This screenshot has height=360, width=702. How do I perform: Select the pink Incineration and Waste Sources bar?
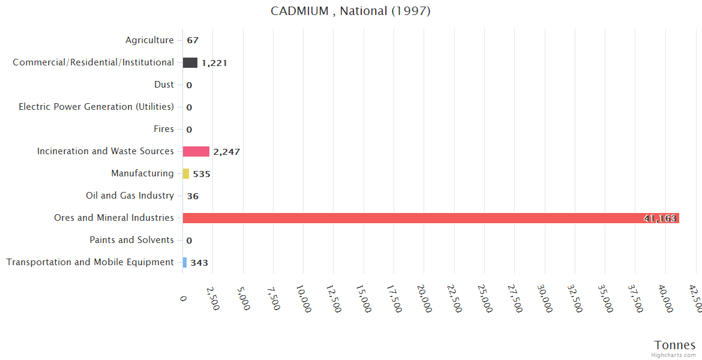[x=196, y=151]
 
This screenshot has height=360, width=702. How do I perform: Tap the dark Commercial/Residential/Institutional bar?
[x=190, y=62]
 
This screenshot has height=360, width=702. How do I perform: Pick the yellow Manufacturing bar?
[x=186, y=173]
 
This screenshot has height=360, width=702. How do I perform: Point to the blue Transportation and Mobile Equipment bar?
[x=185, y=262]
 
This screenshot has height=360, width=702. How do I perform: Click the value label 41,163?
[x=660, y=218]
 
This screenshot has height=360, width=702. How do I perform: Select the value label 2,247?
[x=226, y=152]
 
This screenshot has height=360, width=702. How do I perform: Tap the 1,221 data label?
[x=214, y=63]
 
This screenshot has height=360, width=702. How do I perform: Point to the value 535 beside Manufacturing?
[x=202, y=174]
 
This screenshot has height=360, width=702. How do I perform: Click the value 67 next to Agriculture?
[x=193, y=41]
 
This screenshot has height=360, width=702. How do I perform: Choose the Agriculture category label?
[x=149, y=40]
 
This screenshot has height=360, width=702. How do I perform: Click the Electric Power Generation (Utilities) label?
[x=96, y=107]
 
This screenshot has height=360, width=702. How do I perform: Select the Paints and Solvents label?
[x=131, y=240]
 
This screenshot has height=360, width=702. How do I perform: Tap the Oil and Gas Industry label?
[x=130, y=196]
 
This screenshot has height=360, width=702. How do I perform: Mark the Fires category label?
[x=164, y=129]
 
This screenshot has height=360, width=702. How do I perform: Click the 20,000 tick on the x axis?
[x=424, y=298]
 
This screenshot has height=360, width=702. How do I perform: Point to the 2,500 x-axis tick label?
[x=213, y=298]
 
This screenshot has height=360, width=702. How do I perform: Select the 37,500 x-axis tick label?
[x=635, y=298]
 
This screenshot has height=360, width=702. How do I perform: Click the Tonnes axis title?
[x=675, y=345]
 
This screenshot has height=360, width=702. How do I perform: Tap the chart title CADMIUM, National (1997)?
[x=351, y=11]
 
